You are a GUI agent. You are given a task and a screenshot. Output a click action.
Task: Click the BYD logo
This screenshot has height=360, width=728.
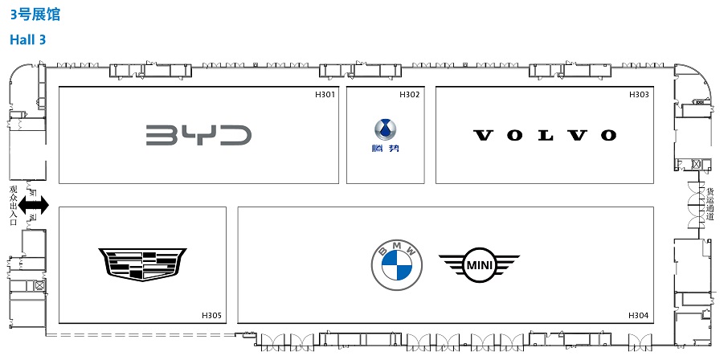tap(198, 134)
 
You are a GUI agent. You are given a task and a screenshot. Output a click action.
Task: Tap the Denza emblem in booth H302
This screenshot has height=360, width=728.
tap(385, 129)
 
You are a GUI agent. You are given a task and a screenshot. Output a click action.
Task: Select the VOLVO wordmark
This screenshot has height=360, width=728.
tap(545, 135)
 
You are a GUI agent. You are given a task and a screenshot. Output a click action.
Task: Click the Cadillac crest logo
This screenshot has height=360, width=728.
tap(142, 264)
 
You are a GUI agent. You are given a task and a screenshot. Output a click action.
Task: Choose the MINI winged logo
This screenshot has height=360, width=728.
tap(479, 264)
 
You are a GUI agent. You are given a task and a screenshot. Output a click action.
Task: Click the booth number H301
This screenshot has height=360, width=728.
tap(325, 95)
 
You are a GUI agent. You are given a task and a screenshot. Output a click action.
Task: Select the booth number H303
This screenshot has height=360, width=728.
tap(639, 95)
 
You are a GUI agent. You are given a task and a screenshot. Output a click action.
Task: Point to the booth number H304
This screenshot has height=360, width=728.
tap(638, 314)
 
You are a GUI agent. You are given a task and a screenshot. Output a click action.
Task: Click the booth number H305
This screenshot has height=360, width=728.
tap(212, 314)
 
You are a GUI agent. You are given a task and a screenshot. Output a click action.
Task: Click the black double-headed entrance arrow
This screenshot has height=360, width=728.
tap(34, 207)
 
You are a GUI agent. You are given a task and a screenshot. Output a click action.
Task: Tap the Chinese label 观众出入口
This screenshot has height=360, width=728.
tap(13, 206)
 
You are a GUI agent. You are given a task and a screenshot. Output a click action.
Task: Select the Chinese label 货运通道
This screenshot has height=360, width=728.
tap(710, 204)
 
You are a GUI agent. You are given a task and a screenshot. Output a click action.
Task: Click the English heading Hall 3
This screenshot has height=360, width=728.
tap(27, 39)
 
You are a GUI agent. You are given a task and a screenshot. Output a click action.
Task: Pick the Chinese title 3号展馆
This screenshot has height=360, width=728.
tap(35, 15)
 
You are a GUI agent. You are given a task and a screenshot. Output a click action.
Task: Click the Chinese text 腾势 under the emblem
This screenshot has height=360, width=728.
tap(385, 148)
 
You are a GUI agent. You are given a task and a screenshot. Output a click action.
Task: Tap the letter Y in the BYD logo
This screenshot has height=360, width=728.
tap(198, 134)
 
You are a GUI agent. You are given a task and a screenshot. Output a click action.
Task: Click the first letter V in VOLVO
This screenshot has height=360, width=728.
tap(482, 135)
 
